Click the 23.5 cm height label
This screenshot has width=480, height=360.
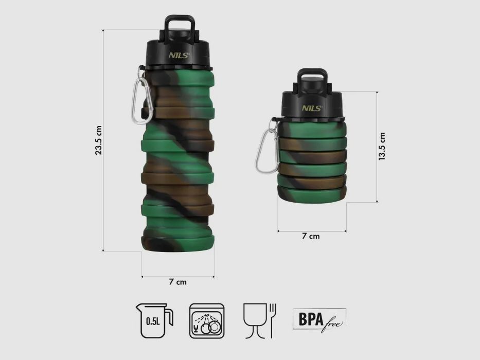[x=99, y=140]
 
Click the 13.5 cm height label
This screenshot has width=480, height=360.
[x=381, y=147]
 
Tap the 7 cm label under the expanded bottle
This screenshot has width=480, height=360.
[x=177, y=282]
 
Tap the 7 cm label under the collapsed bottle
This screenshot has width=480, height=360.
[x=310, y=236]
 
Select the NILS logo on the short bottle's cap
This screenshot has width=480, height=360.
[x=312, y=108]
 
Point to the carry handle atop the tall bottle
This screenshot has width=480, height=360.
[x=179, y=25]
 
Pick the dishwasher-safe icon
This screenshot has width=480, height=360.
[x=208, y=320]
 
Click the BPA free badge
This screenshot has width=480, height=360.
[x=319, y=319]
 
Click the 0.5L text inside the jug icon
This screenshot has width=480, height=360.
[x=152, y=322]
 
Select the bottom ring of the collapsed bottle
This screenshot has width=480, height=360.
[x=311, y=194]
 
